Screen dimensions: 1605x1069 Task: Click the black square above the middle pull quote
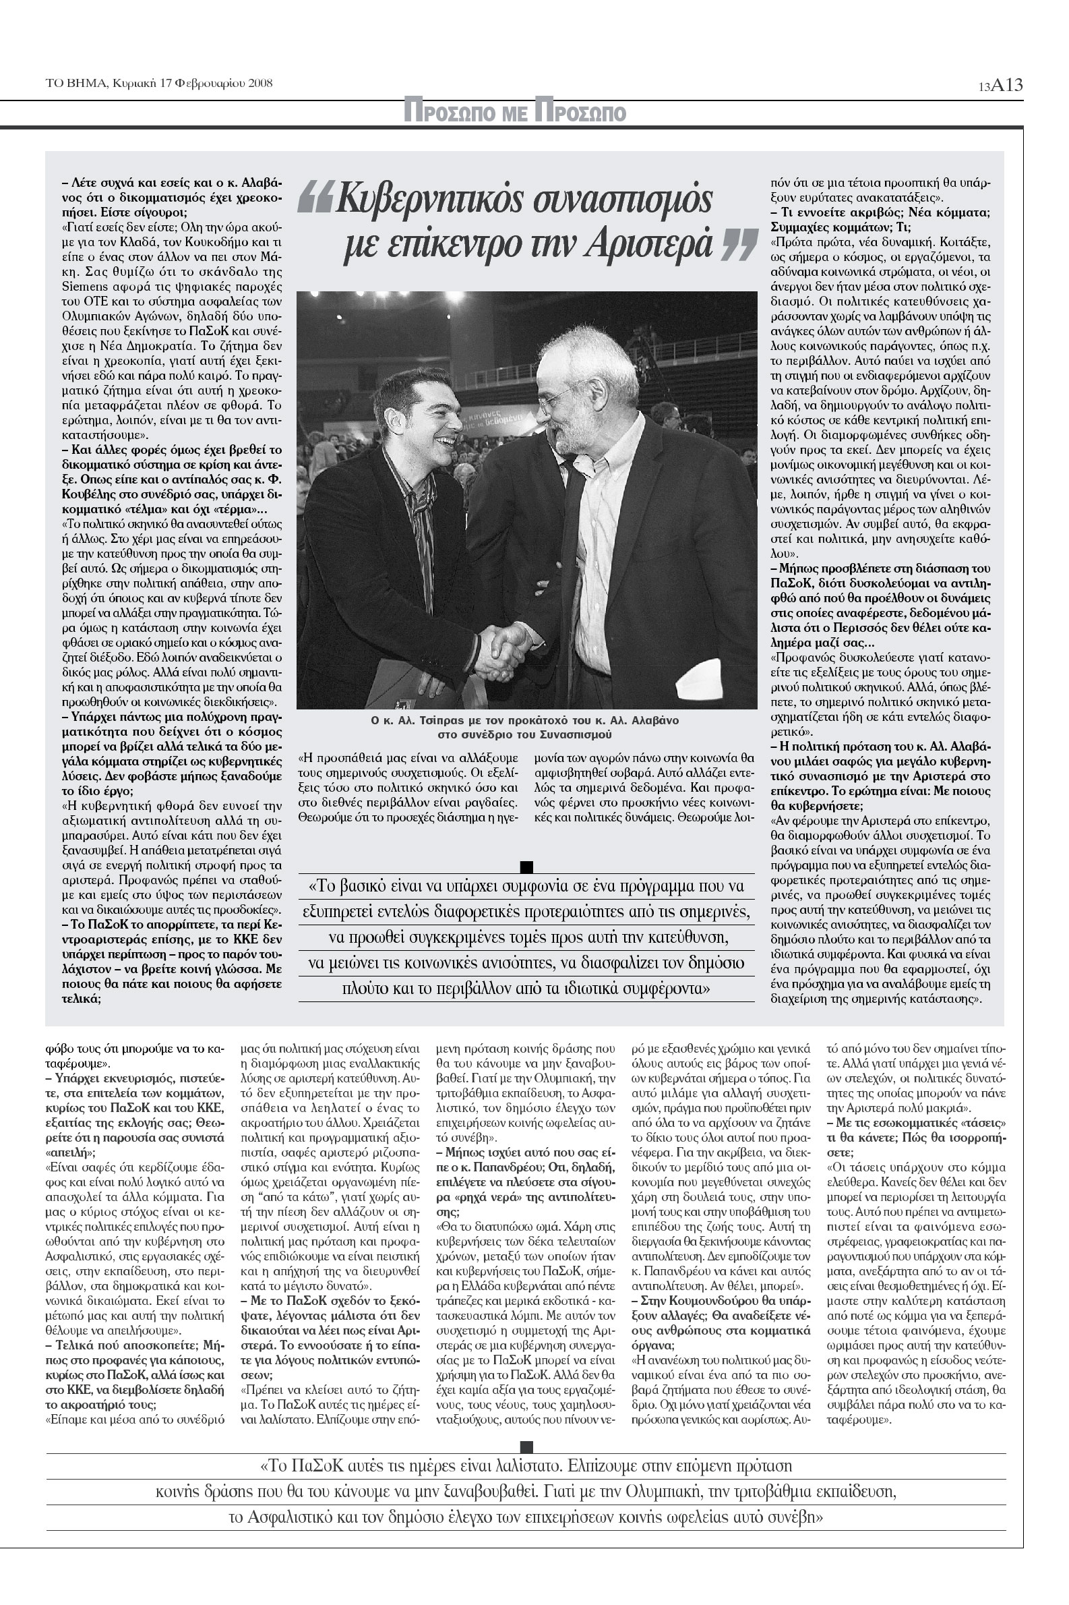(x=526, y=867)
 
